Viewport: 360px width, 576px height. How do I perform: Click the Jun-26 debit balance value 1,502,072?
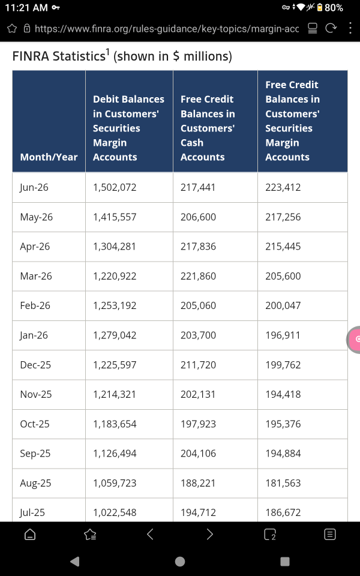(115, 187)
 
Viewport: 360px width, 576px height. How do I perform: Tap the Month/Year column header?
(49, 157)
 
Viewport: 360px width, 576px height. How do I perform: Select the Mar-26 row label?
(36, 276)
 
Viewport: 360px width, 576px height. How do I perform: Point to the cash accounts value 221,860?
(199, 276)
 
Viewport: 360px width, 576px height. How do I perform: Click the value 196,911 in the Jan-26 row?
(283, 335)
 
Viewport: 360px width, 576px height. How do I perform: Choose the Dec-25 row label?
(36, 365)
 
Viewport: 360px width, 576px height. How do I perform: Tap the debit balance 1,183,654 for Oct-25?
(115, 424)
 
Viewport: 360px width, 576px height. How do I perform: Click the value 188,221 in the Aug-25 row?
(198, 483)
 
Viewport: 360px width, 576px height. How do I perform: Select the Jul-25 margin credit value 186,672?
(283, 512)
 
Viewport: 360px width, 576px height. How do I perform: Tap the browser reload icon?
(331, 28)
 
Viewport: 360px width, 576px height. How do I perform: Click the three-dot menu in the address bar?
(350, 28)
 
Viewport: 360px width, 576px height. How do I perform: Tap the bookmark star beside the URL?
(12, 29)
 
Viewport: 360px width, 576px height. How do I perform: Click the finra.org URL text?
(167, 29)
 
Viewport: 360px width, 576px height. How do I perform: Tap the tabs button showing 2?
(270, 535)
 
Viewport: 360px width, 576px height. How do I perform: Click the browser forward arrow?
(210, 534)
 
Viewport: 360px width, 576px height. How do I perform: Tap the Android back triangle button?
(75, 562)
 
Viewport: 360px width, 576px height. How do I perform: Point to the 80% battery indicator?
(330, 8)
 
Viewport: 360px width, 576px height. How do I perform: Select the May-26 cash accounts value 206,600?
(199, 217)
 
